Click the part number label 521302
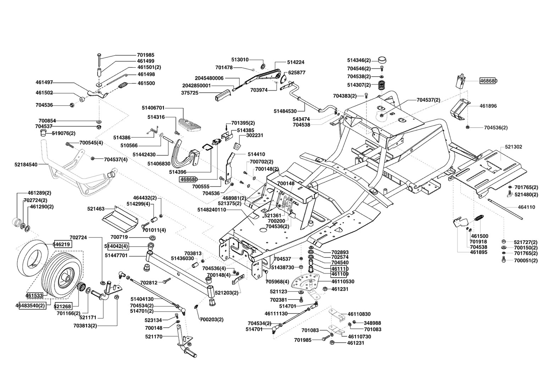(513, 147)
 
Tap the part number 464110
(526, 207)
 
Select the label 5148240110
(211, 210)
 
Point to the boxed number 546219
(62, 244)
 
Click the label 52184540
(26, 165)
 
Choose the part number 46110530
(343, 282)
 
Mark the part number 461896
(488, 106)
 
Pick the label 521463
(96, 209)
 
